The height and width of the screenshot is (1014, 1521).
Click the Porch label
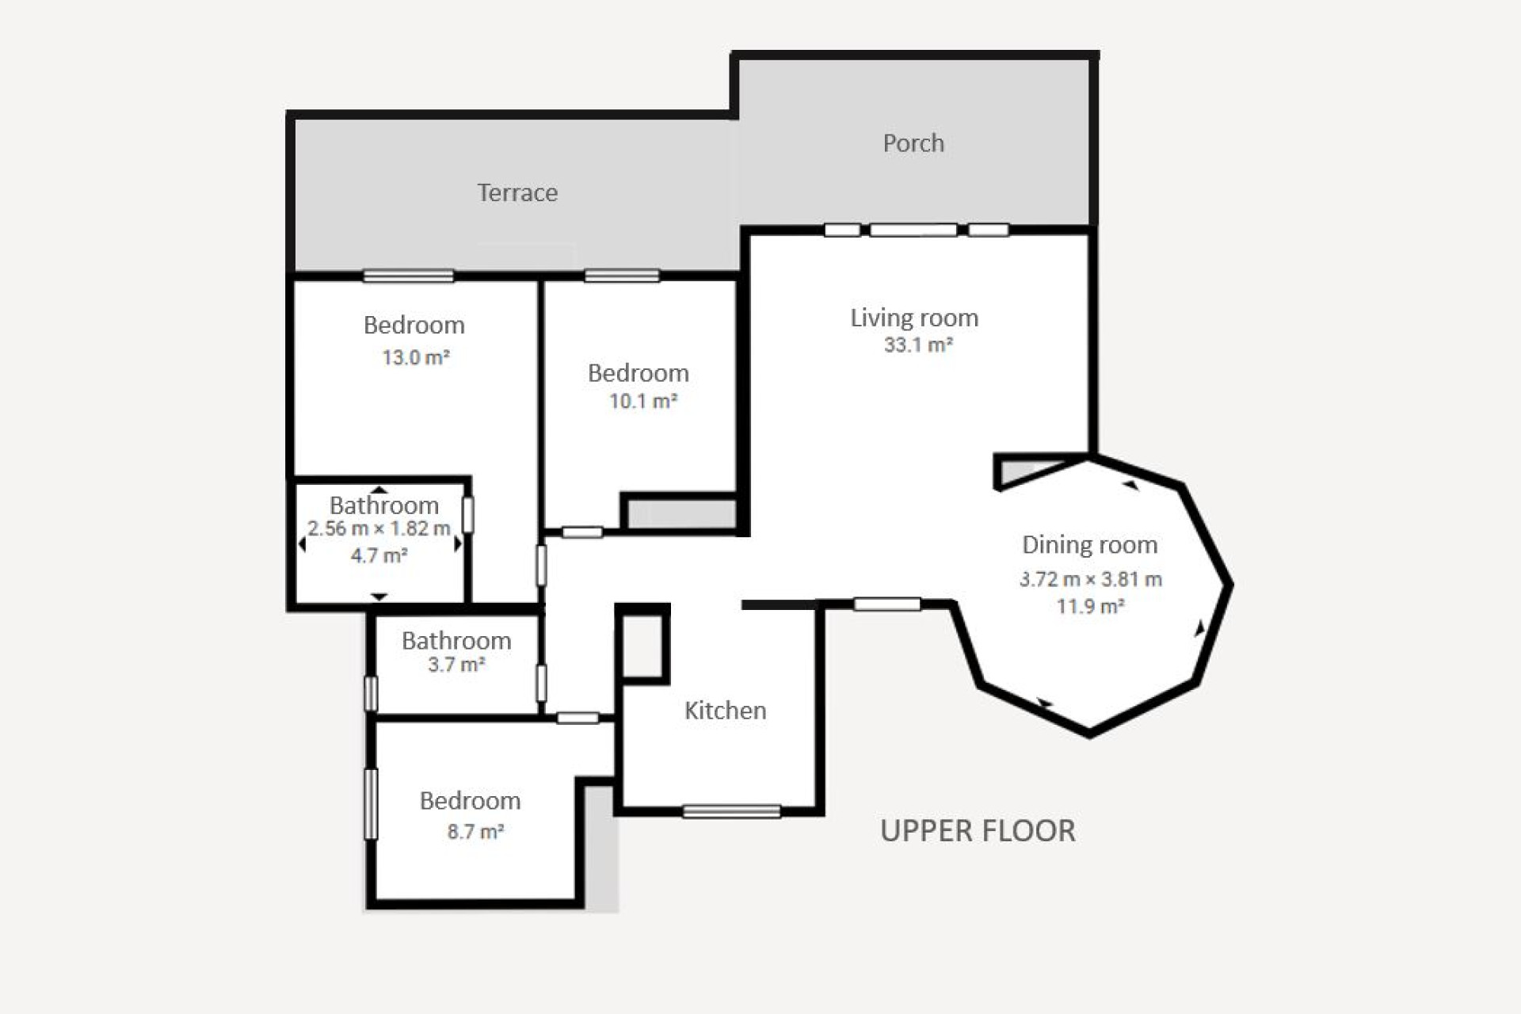click(913, 143)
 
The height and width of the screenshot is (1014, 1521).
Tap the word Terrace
click(517, 193)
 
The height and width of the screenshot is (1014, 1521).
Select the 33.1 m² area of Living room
click(917, 345)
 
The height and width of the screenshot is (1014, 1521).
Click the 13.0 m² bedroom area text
click(415, 357)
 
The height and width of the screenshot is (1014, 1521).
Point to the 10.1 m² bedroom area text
click(642, 401)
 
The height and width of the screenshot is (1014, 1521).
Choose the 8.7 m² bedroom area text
click(475, 831)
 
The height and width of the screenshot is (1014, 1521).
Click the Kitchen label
click(725, 711)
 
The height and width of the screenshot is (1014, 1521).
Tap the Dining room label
click(1089, 545)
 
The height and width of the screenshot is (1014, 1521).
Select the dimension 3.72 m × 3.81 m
click(1090, 579)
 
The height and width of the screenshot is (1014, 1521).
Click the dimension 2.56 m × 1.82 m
click(379, 528)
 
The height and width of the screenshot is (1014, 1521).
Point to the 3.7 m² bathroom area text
click(456, 665)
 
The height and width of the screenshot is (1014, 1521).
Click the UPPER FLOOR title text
click(978, 831)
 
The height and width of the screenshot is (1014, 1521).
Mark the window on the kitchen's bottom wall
click(731, 811)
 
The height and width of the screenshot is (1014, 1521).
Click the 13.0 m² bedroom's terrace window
click(408, 276)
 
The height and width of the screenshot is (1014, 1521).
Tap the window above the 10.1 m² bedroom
click(622, 276)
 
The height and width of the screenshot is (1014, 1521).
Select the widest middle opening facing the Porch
click(913, 230)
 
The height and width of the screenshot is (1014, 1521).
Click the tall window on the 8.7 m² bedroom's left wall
click(371, 804)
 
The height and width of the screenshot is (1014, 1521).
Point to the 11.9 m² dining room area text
click(1090, 607)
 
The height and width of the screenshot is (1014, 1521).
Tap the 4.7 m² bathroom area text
click(379, 556)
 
